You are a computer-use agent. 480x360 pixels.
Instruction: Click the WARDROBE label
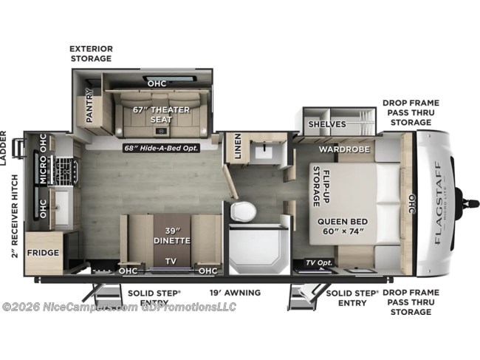point(338,149)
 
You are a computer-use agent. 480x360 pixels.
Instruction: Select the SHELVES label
point(327,123)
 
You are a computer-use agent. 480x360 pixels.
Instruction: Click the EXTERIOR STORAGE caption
point(92,52)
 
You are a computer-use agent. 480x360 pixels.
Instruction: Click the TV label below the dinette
point(170,261)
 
